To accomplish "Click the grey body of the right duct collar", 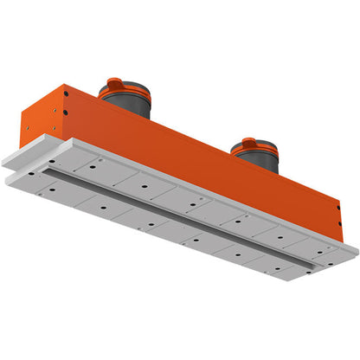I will (x=257, y=160).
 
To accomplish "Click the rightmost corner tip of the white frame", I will (x=357, y=252).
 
